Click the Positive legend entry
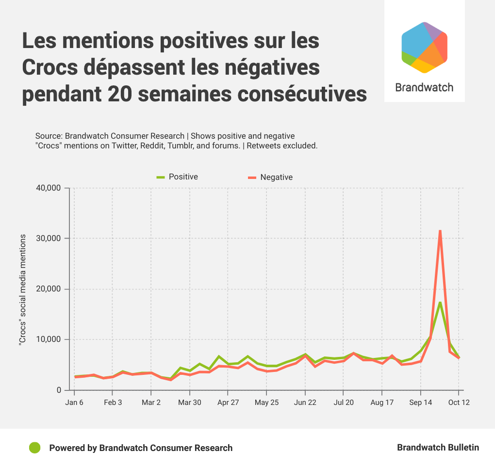[178, 177]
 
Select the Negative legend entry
[271, 177]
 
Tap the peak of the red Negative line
[440, 231]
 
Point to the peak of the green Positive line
[440, 303]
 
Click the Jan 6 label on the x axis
[74, 403]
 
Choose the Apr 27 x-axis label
[228, 403]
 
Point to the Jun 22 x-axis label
[305, 403]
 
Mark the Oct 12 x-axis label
[459, 403]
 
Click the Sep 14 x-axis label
[420, 403]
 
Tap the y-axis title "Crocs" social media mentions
[22, 289]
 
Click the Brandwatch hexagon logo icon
[424, 48]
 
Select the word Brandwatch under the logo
[424, 88]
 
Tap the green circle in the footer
[34, 448]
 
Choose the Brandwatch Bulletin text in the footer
[438, 448]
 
